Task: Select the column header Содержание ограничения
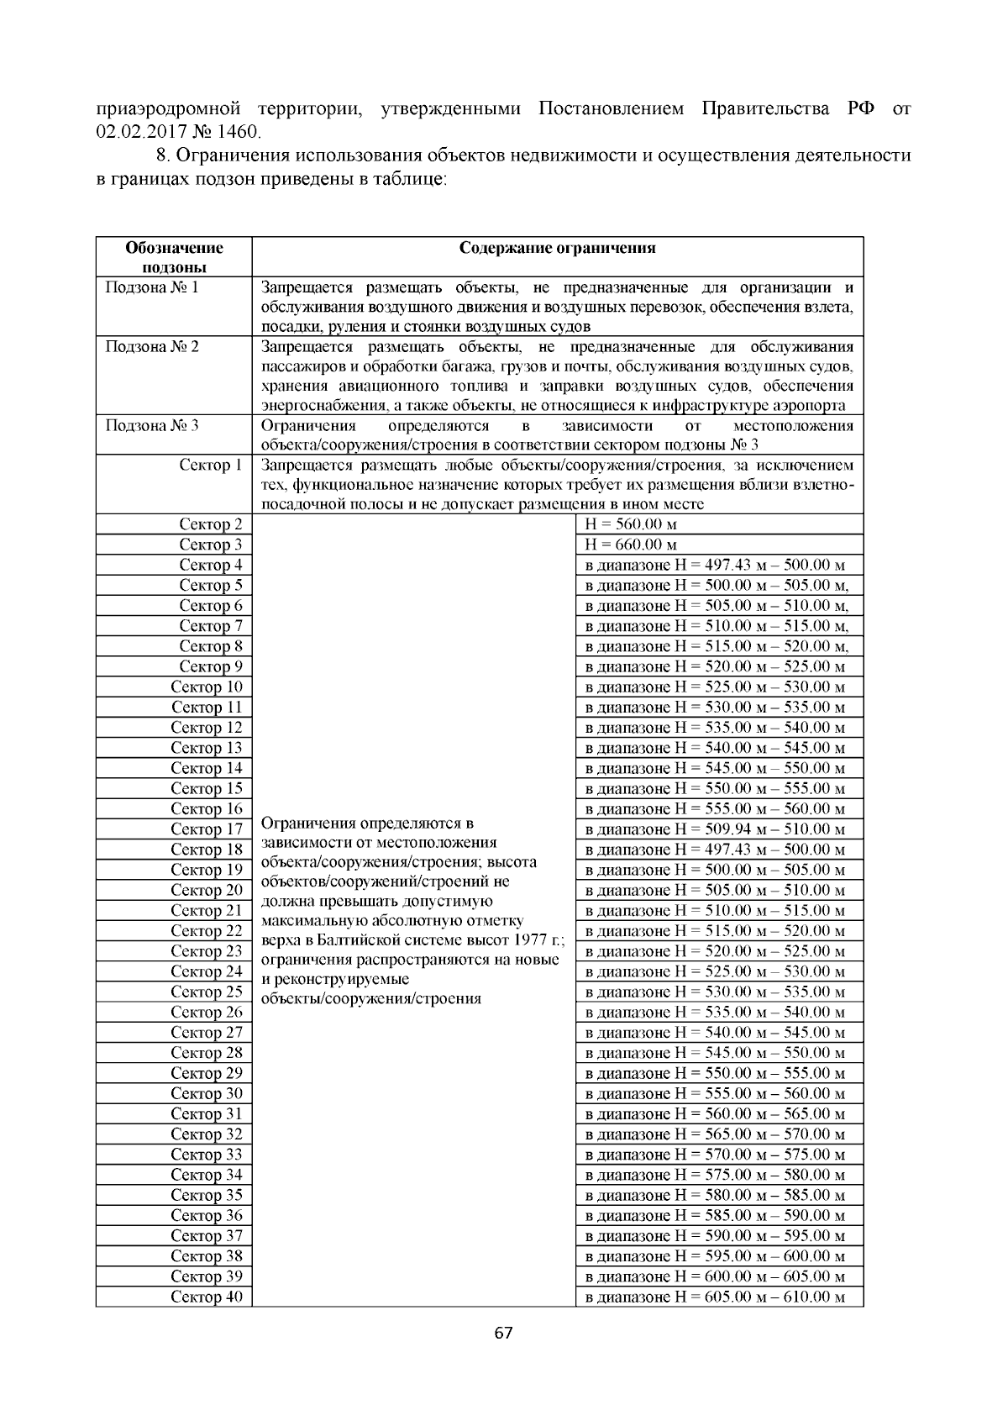pos(557,248)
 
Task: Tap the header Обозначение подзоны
pos(174,257)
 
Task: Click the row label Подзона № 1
pos(152,287)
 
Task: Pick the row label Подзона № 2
pos(152,347)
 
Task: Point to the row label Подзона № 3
pos(152,425)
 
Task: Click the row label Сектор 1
pos(211,466)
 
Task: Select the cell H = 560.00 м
pos(630,524)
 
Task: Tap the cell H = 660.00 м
pos(630,545)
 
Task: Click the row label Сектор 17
pos(207,829)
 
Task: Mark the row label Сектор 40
pos(207,1297)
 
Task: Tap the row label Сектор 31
pos(207,1114)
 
